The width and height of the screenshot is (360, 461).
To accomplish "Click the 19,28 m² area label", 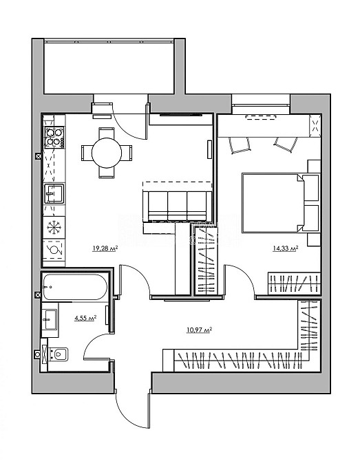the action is pyautogui.click(x=105, y=248).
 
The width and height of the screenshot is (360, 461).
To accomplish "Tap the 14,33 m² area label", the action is pyautogui.click(x=286, y=248).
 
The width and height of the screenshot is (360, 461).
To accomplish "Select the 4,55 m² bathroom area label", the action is pyautogui.click(x=85, y=318).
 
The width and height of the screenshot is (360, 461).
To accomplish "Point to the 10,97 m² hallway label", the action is pyautogui.click(x=200, y=330).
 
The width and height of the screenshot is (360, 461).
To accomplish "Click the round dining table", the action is pyautogui.click(x=107, y=153).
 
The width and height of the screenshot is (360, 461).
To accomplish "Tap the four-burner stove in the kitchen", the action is pyautogui.click(x=54, y=138).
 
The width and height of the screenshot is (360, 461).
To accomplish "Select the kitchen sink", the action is pyautogui.click(x=54, y=194).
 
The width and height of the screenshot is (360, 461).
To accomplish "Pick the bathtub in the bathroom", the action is pyautogui.click(x=75, y=287).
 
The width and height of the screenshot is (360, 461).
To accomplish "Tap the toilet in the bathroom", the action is pyautogui.click(x=59, y=354).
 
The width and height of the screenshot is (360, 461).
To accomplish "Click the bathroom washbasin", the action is pyautogui.click(x=50, y=319).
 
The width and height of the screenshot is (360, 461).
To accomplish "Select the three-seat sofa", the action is pyautogui.click(x=177, y=206).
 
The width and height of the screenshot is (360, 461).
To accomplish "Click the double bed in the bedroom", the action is pyautogui.click(x=281, y=204).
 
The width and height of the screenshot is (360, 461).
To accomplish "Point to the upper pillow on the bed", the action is pyautogui.click(x=311, y=188).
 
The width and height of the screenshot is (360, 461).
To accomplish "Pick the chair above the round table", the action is pyautogui.click(x=107, y=131).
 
